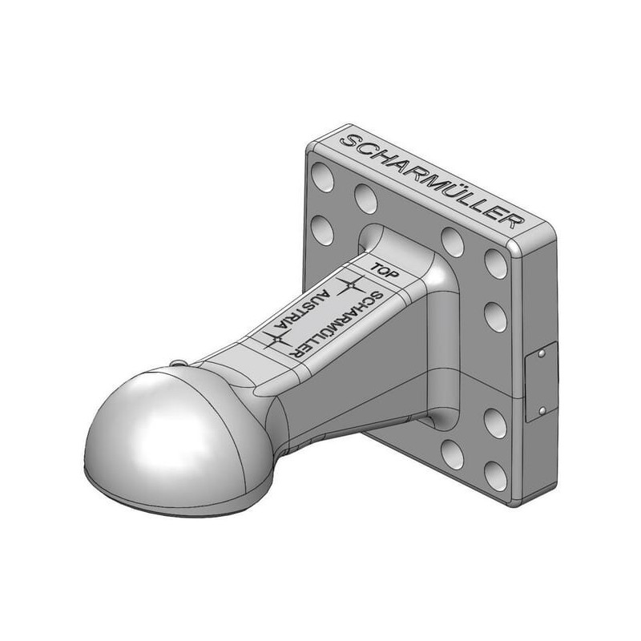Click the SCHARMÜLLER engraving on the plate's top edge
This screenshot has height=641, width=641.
[x=431, y=181]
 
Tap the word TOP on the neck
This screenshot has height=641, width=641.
[x=384, y=272]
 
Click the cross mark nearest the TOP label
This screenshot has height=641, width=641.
[x=351, y=285]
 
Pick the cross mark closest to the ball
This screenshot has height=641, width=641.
[x=277, y=339]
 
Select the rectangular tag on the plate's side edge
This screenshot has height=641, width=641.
[x=541, y=382]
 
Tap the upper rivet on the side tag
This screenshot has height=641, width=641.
[x=542, y=353]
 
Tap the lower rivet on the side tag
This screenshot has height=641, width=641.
[x=542, y=410]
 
